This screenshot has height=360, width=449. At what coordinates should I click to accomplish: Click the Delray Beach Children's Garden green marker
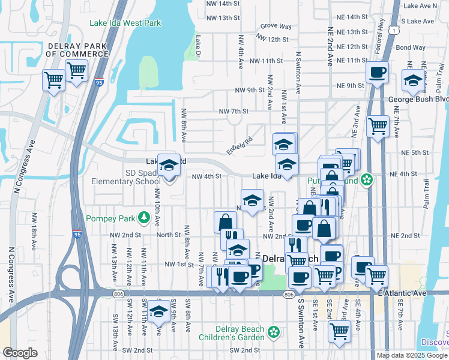pyautogui.click(x=274, y=332)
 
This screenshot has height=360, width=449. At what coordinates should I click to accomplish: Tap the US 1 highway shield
pyautogui.click(x=392, y=29)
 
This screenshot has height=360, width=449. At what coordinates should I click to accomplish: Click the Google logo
pyautogui.click(x=20, y=353)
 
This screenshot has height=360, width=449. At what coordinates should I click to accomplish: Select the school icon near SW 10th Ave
pyautogui.click(x=159, y=311)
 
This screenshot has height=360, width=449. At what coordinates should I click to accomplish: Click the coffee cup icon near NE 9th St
pyautogui.click(x=377, y=73)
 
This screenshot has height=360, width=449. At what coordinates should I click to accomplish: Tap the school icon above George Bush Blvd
pyautogui.click(x=412, y=80)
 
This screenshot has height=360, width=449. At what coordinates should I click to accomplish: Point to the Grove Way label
pyautogui.click(x=276, y=27)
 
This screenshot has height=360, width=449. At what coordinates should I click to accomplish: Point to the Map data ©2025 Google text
pyautogui.click(x=412, y=355)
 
